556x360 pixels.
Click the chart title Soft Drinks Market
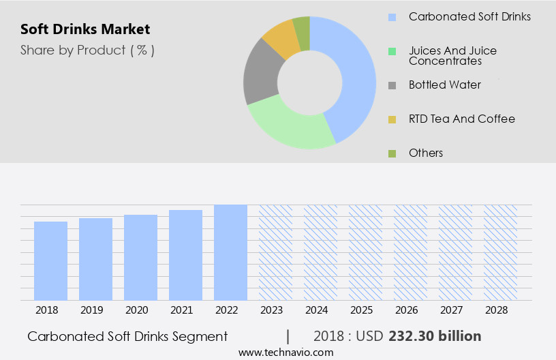[85, 29]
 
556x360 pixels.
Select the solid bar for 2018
[50, 260]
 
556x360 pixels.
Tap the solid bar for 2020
[140, 257]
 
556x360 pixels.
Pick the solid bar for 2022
[230, 252]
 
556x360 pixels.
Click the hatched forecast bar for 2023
[275, 252]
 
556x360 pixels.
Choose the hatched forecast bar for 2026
[410, 252]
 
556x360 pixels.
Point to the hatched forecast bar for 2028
[500, 252]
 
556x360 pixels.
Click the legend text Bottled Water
[444, 85]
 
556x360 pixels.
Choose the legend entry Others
[426, 153]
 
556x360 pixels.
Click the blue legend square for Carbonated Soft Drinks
[392, 17]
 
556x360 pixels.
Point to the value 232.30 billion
[435, 336]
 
